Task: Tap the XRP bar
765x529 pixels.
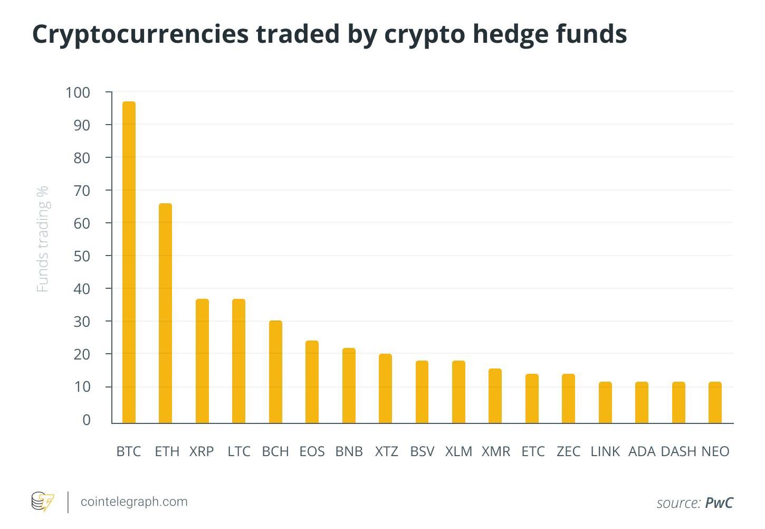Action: (x=202, y=361)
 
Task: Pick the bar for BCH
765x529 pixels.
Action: (x=275, y=372)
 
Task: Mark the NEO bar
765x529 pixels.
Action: (x=715, y=402)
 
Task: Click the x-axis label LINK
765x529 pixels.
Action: (x=605, y=451)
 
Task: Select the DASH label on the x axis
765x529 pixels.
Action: (x=678, y=451)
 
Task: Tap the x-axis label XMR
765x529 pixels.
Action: (x=496, y=451)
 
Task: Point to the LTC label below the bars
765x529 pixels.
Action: (x=239, y=451)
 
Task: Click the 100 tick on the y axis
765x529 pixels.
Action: (x=78, y=92)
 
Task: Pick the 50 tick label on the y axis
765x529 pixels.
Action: (x=82, y=256)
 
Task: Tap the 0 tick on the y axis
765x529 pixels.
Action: (x=87, y=420)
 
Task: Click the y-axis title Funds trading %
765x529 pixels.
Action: (x=42, y=239)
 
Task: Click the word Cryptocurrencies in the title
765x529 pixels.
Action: (x=140, y=34)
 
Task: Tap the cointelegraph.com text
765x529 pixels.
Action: (x=134, y=502)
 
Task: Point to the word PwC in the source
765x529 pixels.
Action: (x=719, y=503)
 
